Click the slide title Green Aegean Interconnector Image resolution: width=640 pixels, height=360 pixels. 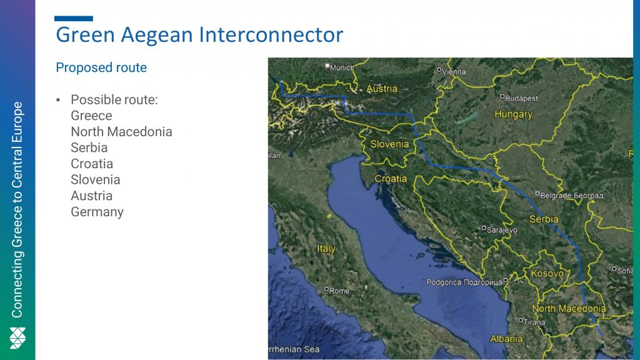199,35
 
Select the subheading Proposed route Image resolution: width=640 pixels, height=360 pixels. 101,67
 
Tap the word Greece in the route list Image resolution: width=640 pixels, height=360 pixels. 91,116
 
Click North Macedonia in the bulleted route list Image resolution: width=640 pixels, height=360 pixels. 122,131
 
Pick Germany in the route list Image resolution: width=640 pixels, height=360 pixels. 97,212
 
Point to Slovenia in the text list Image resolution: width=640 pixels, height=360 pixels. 96,179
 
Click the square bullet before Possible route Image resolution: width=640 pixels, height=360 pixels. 58,100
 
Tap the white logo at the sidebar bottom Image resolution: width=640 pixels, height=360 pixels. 17,338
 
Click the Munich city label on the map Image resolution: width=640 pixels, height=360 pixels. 342,67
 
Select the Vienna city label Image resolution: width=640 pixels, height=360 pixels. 454,72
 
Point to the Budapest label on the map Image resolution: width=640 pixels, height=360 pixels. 521,98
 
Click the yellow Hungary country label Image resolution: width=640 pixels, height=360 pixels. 514,114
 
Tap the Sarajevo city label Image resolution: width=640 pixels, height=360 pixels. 502,230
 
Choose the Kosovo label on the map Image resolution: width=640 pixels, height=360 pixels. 547,274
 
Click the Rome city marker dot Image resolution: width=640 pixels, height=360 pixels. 326,289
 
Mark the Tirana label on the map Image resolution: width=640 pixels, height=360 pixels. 534,322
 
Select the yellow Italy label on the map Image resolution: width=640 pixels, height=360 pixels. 326,249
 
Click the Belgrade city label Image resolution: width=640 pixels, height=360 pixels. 571,196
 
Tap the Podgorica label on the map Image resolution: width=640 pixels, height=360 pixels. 464,282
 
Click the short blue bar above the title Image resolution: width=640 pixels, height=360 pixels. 74,18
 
